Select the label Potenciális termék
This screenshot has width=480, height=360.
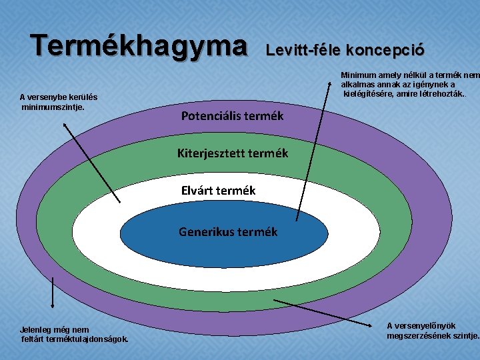tap(232, 115)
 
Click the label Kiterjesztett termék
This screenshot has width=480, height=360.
tap(232, 153)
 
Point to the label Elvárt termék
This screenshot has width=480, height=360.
tap(218, 191)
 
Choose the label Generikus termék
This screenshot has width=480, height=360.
tap(228, 232)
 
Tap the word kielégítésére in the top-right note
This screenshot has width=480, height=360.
tap(369, 93)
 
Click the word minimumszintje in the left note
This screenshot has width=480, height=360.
tap(53, 106)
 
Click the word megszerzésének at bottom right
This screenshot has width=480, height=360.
tap(422, 335)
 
